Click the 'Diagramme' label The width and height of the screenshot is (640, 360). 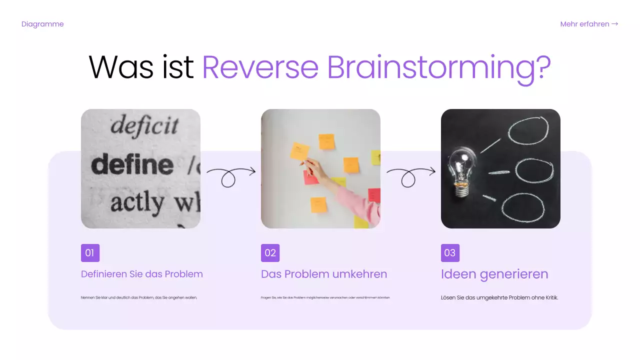[42, 24]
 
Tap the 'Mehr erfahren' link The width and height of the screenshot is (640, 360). [589, 24]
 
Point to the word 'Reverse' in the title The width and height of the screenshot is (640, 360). [260, 67]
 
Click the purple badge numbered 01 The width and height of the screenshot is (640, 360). [90, 253]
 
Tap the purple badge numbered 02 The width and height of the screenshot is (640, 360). [270, 253]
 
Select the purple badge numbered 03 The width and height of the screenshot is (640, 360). [450, 253]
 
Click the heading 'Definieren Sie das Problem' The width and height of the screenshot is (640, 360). [142, 274]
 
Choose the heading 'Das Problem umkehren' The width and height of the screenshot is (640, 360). [324, 274]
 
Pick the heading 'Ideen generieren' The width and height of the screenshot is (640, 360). [494, 274]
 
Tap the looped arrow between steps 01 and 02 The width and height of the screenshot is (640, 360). [230, 175]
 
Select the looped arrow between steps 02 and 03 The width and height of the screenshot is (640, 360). [410, 175]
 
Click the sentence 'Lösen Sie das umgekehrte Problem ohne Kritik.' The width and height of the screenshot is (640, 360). [499, 297]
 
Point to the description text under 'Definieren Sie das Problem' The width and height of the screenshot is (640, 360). [139, 297]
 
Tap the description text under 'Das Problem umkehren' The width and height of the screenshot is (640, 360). [325, 297]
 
